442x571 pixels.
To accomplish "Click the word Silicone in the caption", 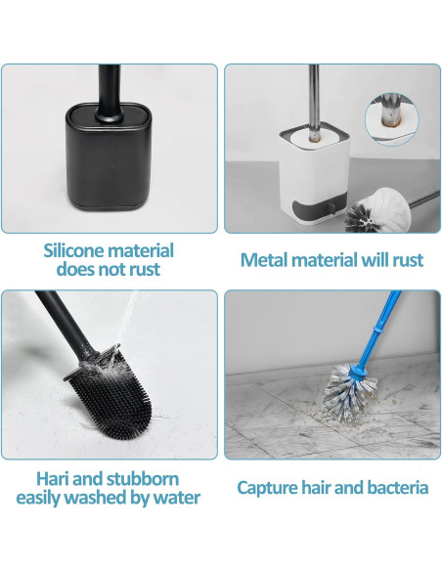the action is tap(74, 251).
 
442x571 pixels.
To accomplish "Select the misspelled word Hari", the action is tap(52, 479).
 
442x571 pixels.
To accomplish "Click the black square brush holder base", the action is tap(108, 156).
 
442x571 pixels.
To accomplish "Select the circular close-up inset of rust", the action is tap(392, 118).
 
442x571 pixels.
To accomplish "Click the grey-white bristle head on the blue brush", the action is tap(349, 393).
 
